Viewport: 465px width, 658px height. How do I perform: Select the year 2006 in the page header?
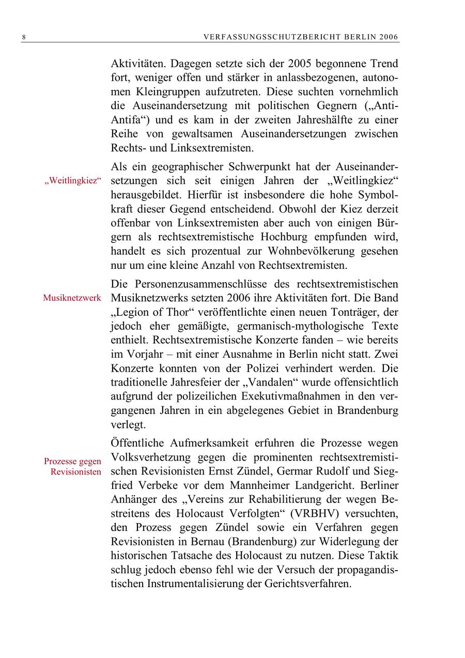pos(389,37)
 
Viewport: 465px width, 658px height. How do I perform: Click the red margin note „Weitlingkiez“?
pos(72,182)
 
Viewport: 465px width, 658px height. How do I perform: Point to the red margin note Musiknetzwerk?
pos(72,298)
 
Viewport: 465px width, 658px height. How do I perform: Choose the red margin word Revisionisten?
pos(76,472)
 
